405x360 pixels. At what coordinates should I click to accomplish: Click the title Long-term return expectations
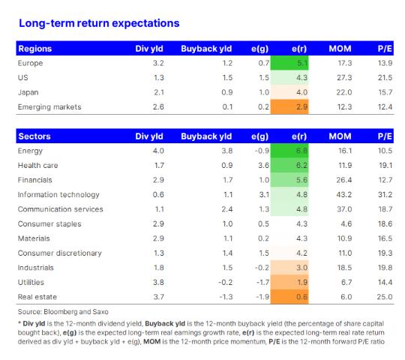[x=99, y=23]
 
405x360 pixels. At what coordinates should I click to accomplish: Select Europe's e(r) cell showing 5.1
[x=289, y=63]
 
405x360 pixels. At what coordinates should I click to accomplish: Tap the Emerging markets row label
[x=49, y=107]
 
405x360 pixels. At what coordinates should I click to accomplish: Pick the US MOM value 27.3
[x=344, y=78]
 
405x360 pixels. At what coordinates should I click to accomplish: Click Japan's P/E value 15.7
[x=385, y=92]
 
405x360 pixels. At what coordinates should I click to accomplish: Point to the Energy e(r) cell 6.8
[x=289, y=151]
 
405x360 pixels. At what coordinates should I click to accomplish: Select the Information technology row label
[x=58, y=195]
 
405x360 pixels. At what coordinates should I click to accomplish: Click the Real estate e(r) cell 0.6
[x=289, y=297]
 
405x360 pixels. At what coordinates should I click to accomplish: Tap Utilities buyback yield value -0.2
[x=225, y=282]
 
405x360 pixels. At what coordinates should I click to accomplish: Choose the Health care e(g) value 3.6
[x=263, y=165]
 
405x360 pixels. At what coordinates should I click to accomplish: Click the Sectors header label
[x=34, y=136]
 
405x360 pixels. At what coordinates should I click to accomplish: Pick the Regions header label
[x=34, y=49]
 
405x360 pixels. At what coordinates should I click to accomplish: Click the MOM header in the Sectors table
[x=340, y=136]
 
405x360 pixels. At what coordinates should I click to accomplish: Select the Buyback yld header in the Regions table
[x=206, y=49]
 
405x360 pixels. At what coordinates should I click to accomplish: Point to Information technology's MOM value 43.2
[x=344, y=195]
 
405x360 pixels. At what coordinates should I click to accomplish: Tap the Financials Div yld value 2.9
[x=158, y=180]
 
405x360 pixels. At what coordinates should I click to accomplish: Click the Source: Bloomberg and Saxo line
[x=63, y=312]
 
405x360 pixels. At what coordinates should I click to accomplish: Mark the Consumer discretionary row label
[x=60, y=253]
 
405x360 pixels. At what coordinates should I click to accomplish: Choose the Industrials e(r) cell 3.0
[x=289, y=268]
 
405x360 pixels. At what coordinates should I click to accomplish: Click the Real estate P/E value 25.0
[x=385, y=297]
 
